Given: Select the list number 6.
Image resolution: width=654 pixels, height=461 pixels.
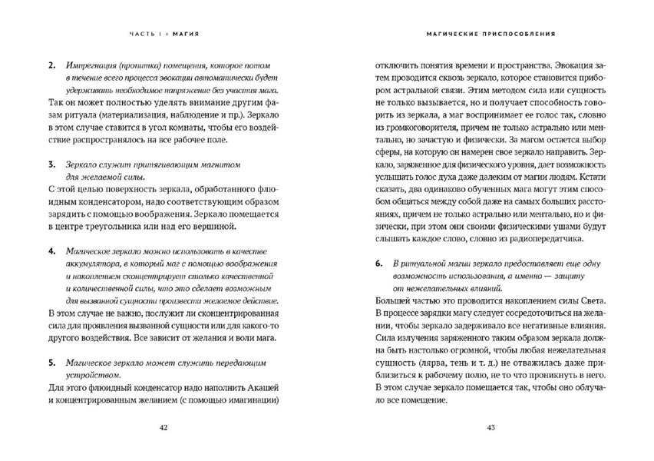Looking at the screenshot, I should coord(378,263).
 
